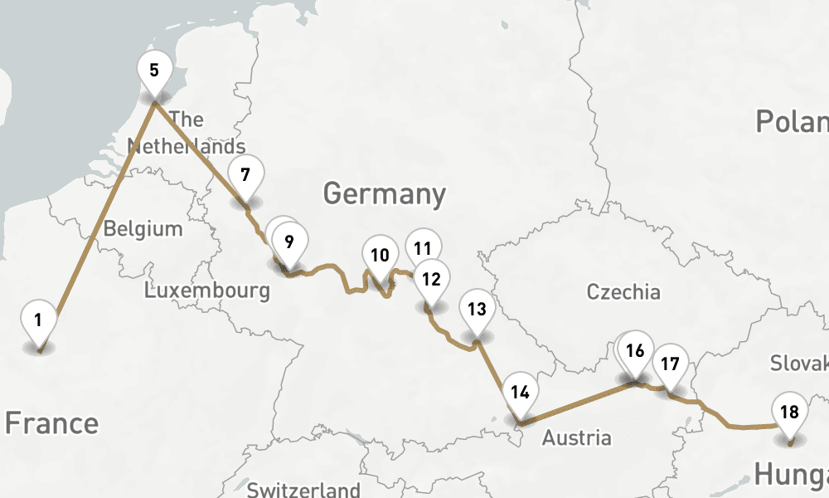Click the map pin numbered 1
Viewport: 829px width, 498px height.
(x=38, y=319)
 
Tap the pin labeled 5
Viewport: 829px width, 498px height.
(x=154, y=69)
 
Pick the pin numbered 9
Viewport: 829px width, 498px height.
(x=288, y=242)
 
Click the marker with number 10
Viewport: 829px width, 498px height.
(x=380, y=256)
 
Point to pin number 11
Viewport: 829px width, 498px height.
(x=424, y=247)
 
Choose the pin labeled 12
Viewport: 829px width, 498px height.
(x=431, y=279)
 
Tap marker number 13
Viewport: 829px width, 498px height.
(x=476, y=310)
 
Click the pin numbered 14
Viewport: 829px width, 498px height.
(x=520, y=393)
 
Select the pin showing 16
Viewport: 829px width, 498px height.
(x=635, y=350)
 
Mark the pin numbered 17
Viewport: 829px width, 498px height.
(x=670, y=364)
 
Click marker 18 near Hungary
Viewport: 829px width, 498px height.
(x=789, y=412)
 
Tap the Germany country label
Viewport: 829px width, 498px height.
(x=384, y=194)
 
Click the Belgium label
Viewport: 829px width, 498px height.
(x=143, y=228)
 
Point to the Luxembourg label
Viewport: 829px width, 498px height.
(x=206, y=290)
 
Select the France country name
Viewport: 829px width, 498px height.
(x=51, y=423)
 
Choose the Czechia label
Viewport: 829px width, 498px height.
(x=623, y=291)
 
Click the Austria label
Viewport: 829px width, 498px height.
(x=576, y=437)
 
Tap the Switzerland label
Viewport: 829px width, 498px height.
(x=303, y=489)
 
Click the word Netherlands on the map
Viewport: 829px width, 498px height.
(x=186, y=146)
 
